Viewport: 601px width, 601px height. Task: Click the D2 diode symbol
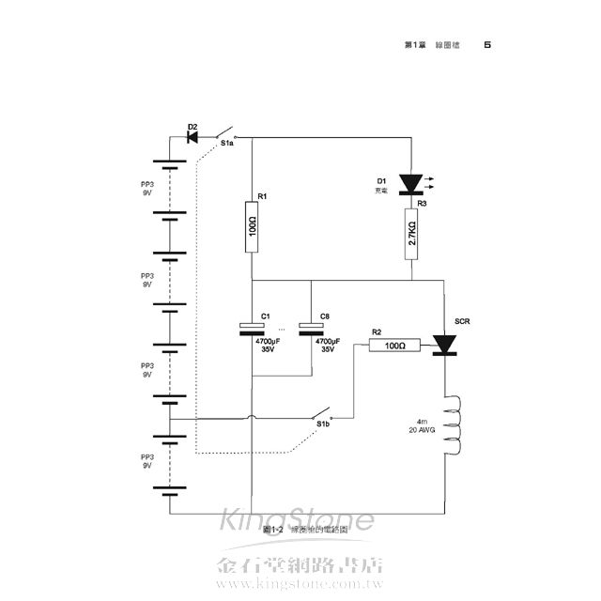(193, 137)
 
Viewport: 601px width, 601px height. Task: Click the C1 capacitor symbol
(253, 329)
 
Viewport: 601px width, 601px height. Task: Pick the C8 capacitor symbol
(312, 329)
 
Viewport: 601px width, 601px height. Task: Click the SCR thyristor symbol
(443, 347)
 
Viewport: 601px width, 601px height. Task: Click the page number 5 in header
(486, 44)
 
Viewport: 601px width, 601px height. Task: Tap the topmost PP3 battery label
(146, 186)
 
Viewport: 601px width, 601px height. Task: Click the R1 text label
(264, 196)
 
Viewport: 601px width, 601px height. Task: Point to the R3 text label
(422, 202)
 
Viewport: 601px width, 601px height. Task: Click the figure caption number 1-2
(252, 531)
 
